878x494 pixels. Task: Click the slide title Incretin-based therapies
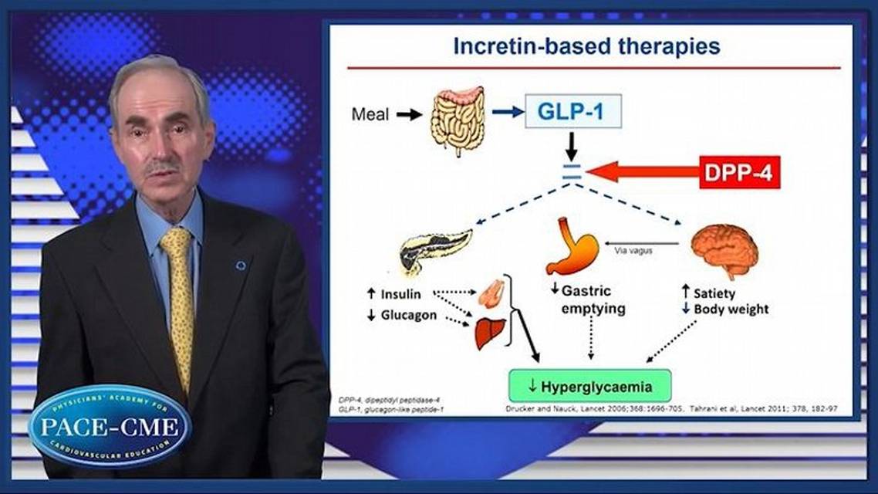coord(586,46)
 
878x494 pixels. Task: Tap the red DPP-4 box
coord(740,171)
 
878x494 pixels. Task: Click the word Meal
coord(370,114)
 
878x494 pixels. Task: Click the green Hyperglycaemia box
coord(589,386)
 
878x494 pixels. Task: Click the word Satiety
coord(714,293)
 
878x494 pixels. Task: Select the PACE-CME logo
coord(110,427)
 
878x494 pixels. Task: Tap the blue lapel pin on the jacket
coord(241,266)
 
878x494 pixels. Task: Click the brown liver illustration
coord(490,333)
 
